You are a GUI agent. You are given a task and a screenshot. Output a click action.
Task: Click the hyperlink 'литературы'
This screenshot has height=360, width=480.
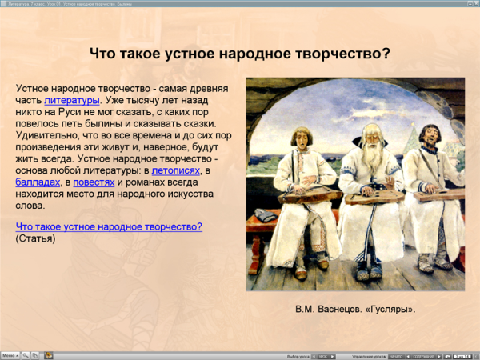point(72,101)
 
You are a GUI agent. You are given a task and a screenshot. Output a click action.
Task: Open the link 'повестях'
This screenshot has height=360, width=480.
point(93,182)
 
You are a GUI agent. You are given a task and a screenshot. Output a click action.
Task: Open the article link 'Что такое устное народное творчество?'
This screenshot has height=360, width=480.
point(109,226)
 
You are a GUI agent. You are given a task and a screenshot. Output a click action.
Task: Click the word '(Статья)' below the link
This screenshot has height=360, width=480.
point(35,238)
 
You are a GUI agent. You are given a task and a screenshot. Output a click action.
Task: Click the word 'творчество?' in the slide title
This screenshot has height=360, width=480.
point(352,54)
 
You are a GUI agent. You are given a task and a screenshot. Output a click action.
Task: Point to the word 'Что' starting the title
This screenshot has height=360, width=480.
point(102,54)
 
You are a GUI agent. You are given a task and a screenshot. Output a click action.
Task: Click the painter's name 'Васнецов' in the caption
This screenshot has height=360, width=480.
point(346,308)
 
